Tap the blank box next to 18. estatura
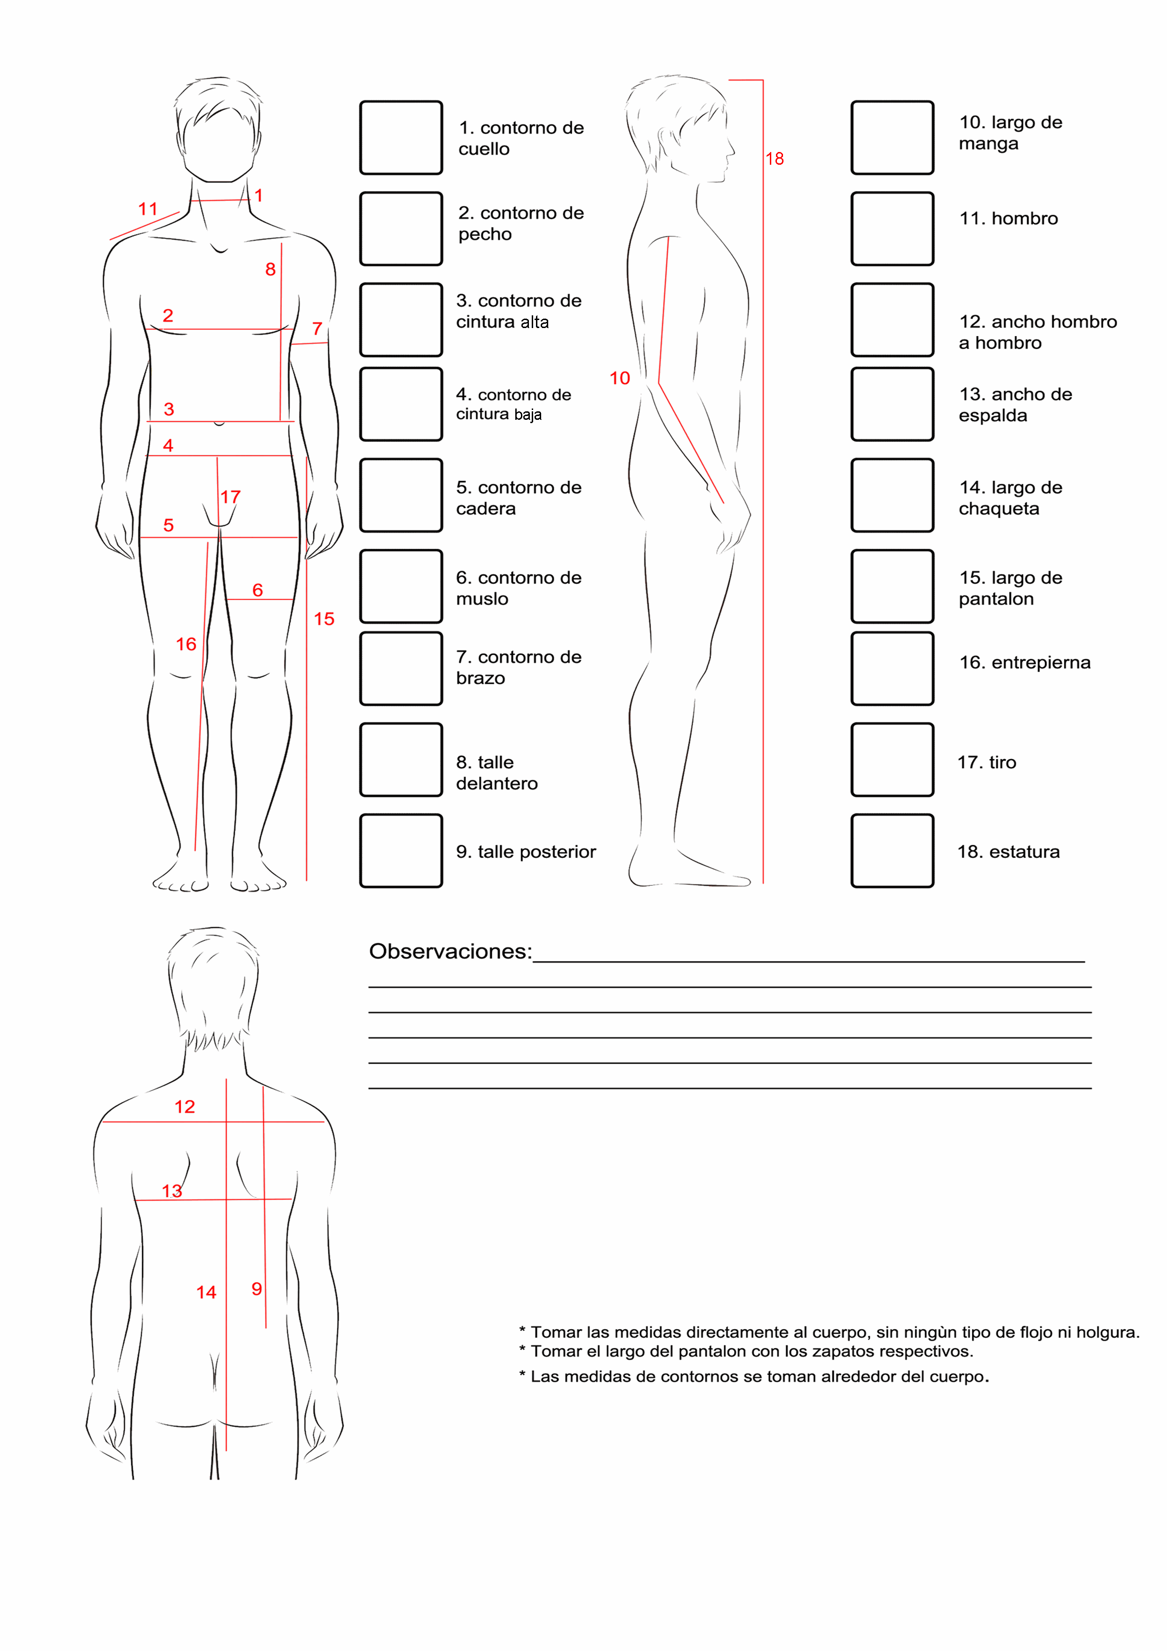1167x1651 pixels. pyautogui.click(x=892, y=850)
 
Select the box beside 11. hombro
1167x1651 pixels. pyautogui.click(x=892, y=229)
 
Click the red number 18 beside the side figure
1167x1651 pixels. pyautogui.click(x=775, y=159)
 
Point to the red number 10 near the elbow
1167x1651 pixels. pyautogui.click(x=619, y=378)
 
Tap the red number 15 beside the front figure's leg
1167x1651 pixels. pyautogui.click(x=324, y=619)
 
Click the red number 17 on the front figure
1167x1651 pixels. pyautogui.click(x=230, y=497)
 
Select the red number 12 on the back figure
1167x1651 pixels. pyautogui.click(x=185, y=1106)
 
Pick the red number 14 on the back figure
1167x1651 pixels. pyautogui.click(x=207, y=1292)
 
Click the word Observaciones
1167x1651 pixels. pyautogui.click(x=450, y=951)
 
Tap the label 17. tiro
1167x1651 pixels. pyautogui.click(x=986, y=762)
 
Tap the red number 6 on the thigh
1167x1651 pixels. pyautogui.click(x=257, y=590)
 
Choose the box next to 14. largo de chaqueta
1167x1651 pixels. pyautogui.click(x=892, y=496)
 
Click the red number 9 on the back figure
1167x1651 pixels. pyautogui.click(x=257, y=1289)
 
